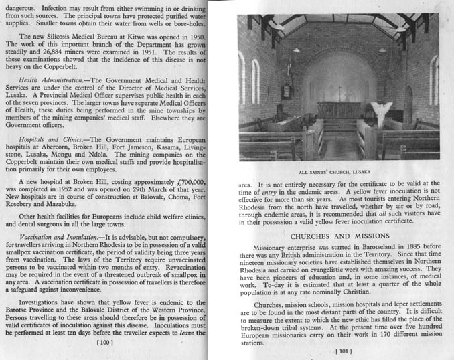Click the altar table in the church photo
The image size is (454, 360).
click(339, 109)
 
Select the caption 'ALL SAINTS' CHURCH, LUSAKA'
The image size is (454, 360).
click(339, 171)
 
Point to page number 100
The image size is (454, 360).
click(104, 343)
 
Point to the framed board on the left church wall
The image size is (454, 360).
click(286, 91)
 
